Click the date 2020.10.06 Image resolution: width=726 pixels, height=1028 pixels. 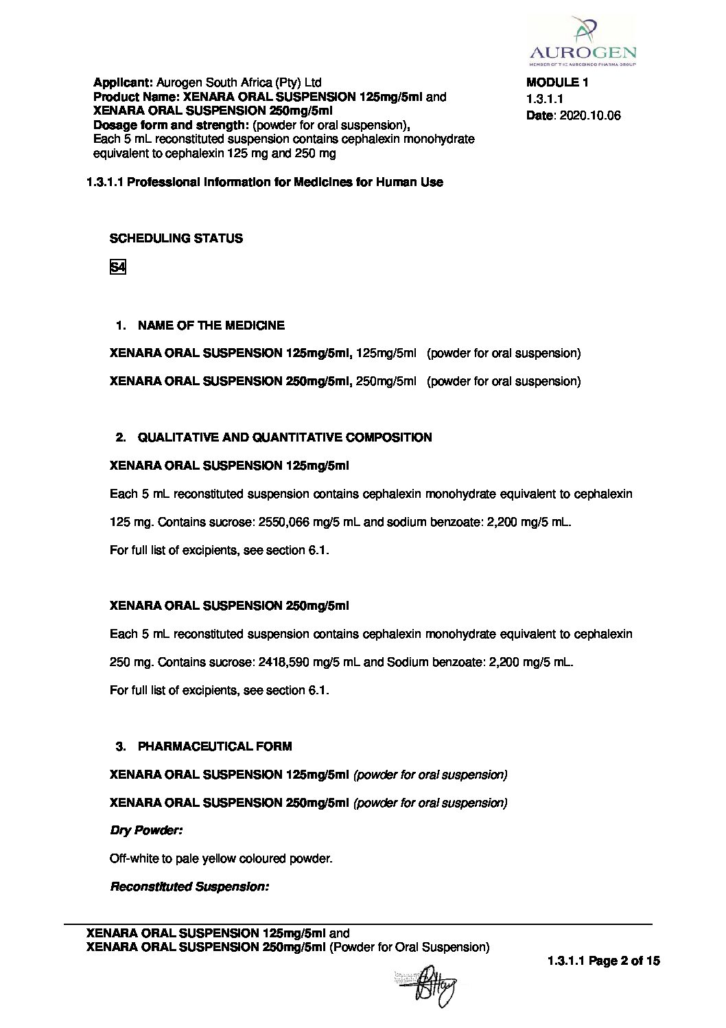tap(590, 115)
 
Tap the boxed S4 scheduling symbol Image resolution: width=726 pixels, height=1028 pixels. tap(118, 267)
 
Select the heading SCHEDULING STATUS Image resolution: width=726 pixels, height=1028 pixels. tap(176, 238)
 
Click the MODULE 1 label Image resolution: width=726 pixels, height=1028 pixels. tap(557, 82)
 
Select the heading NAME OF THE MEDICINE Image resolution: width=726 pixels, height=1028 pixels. tap(211, 325)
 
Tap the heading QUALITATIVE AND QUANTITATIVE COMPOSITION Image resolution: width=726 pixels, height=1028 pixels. tap(285, 437)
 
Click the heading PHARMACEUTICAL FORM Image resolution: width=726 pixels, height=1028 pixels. tap(214, 746)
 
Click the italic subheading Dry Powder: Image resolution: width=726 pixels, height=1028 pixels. tap(146, 830)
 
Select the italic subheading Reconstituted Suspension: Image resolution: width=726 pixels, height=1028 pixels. tap(189, 887)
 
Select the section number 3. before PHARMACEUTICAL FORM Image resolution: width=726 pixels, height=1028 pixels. tap(121, 746)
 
